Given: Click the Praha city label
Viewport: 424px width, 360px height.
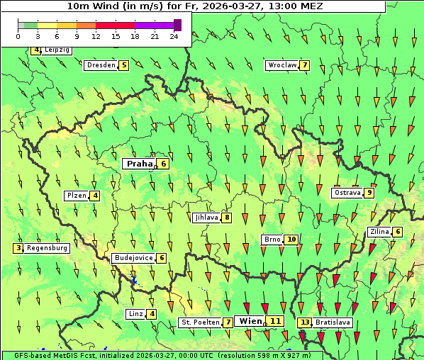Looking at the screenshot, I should (x=140, y=164).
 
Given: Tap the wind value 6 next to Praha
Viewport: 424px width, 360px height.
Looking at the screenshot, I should (x=163, y=164).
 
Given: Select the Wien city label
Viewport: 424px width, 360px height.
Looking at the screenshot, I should (x=250, y=321).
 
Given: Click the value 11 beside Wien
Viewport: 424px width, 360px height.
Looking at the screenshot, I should (x=275, y=321).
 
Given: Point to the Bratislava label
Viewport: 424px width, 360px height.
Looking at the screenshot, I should (x=333, y=322).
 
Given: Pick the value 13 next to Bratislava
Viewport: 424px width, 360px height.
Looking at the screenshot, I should (x=305, y=322).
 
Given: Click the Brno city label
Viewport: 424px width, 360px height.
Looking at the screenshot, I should (x=272, y=240).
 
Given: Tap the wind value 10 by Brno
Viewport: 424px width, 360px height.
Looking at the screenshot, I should (x=291, y=240).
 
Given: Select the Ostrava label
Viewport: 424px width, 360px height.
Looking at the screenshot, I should (x=347, y=193).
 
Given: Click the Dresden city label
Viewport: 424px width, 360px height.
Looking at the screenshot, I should (x=100, y=65).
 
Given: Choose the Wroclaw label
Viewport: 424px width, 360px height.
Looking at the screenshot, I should (x=281, y=65).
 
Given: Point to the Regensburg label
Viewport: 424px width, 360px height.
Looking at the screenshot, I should (x=47, y=248).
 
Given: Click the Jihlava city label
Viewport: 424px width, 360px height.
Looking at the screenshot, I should (x=206, y=218).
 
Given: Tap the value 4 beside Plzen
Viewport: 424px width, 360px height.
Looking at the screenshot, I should (x=94, y=196).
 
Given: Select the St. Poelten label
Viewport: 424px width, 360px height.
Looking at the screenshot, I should (x=200, y=322).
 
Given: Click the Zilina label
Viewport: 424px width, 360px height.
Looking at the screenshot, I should (x=380, y=232).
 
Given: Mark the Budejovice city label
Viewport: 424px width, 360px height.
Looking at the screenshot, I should (x=133, y=258).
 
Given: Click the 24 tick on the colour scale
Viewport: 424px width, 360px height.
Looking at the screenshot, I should (x=174, y=36).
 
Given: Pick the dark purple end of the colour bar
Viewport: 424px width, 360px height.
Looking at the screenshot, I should (x=177, y=25).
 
